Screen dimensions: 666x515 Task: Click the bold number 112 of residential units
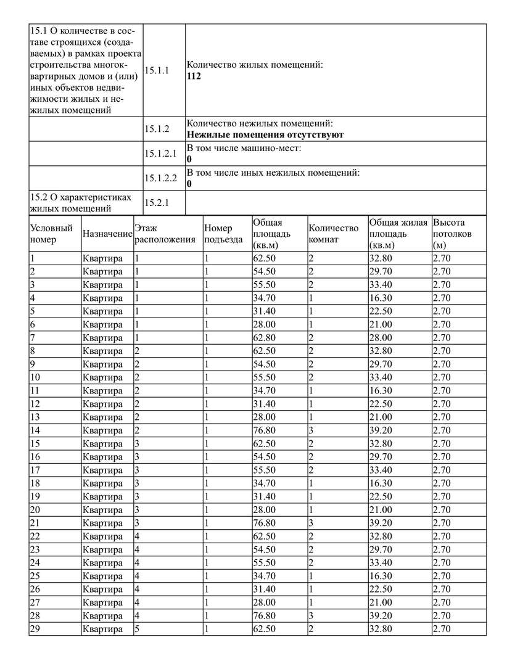point(194,76)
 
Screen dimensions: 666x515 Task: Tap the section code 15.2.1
point(157,202)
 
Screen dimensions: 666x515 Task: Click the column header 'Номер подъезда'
point(223,234)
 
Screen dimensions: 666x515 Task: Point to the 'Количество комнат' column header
point(333,234)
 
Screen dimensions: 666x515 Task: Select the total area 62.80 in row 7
point(265,338)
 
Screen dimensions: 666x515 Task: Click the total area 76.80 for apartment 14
point(265,430)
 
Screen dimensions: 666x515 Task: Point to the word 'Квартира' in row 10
point(102,377)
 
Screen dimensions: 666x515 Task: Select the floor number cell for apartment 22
point(138,536)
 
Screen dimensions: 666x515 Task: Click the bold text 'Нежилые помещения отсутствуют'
point(265,134)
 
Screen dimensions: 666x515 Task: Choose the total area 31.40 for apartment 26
point(265,590)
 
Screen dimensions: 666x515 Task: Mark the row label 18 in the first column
point(35,483)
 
